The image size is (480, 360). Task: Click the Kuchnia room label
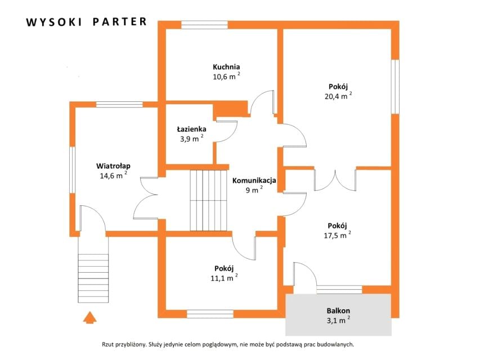tap(226, 67)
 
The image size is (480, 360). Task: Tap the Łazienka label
tap(191, 129)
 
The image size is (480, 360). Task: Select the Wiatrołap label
tap(113, 166)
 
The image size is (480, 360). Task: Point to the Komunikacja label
tap(254, 181)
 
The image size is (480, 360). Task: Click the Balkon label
tap(338, 310)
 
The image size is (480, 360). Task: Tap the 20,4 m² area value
tap(338, 96)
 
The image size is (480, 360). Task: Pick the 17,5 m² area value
tap(337, 235)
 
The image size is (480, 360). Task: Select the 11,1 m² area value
tap(224, 278)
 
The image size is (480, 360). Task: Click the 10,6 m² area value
tap(226, 76)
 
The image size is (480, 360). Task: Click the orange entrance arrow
tap(89, 317)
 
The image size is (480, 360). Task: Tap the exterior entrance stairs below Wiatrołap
tap(93, 278)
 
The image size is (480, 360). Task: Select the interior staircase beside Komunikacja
tap(208, 200)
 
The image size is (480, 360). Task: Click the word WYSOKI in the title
tap(54, 22)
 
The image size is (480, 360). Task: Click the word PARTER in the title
tap(120, 22)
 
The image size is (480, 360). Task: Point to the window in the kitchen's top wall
tap(204, 25)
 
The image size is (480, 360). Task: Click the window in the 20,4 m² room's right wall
tap(396, 87)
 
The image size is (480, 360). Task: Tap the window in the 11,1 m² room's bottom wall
tap(210, 314)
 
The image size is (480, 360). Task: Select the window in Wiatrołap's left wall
tap(72, 170)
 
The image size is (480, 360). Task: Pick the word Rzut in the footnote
tap(107, 344)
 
